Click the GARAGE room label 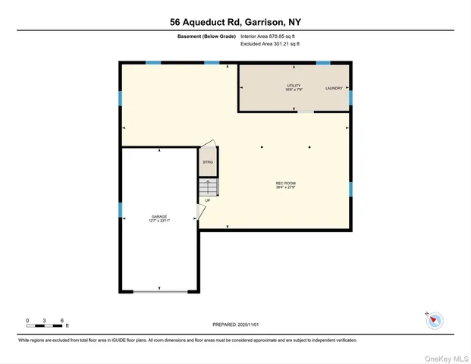coord(159,218)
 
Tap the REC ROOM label coord(285,184)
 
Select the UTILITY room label coord(294,87)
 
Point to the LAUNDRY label coord(334,89)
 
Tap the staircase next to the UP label coord(208,187)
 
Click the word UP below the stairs coord(208,200)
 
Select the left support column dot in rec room coord(262,147)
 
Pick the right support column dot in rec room coord(309,147)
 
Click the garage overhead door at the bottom coord(159,290)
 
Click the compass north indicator coord(434,320)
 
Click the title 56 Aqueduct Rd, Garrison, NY coord(235,22)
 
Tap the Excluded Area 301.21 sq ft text coord(270,44)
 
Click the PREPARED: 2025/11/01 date coord(235,325)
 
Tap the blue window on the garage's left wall coord(120,209)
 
